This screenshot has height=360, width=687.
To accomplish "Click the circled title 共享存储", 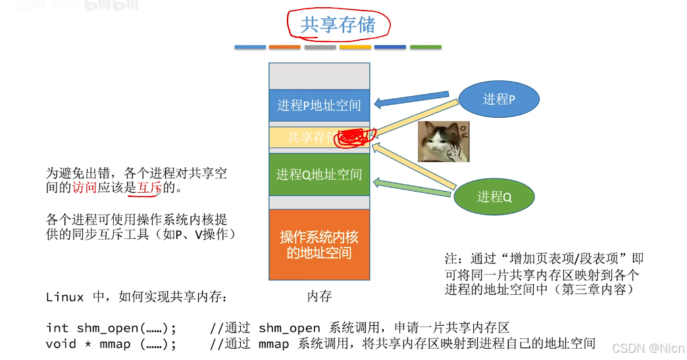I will coord(338,25).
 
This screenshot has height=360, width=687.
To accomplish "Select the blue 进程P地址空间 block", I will coord(319,105).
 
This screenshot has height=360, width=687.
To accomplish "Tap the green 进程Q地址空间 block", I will coord(319,174).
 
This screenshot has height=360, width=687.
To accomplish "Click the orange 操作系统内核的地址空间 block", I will coord(319,245).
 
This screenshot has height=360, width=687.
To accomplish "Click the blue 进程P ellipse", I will coord(499,99).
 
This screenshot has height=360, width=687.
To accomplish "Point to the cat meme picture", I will coord(444,141).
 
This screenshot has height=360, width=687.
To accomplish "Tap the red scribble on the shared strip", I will coord(353,137).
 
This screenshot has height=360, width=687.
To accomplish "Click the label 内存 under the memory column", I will coord(320,297).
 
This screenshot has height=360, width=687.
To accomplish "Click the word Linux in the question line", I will coord(64,297).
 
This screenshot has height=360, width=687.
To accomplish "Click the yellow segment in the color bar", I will coord(355,47).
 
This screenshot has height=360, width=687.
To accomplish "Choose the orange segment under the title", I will coord(285,47).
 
